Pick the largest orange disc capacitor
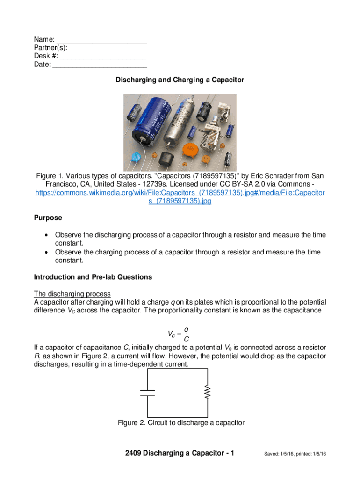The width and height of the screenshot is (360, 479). coord(189,150)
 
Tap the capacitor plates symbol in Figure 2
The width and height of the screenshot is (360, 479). coord(148,392)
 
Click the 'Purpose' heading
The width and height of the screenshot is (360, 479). coord(48,218)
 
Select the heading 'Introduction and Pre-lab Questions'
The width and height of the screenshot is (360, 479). coord(93,277)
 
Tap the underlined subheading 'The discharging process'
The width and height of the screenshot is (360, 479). coord(72,294)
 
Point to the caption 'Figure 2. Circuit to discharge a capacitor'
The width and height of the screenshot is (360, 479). coord(181,423)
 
